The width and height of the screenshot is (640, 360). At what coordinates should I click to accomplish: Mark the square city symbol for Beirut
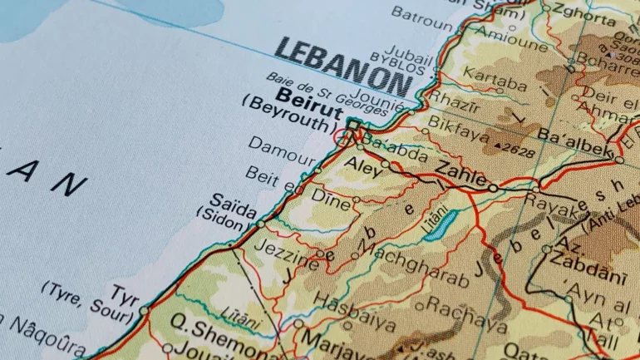tap(354, 125)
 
